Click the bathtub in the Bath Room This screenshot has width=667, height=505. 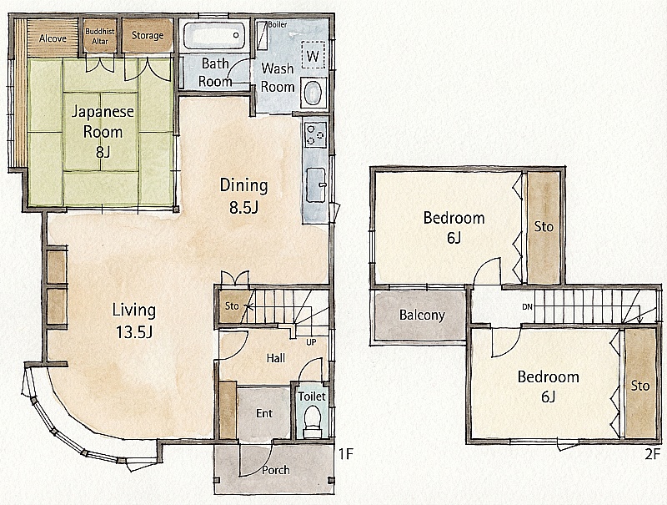[x=214, y=35]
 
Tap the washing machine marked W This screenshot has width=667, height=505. [x=313, y=54]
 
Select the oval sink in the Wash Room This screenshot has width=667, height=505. [x=313, y=92]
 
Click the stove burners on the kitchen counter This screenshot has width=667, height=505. [x=316, y=132]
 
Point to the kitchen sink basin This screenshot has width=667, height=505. [x=316, y=185]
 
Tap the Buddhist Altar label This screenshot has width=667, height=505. [x=100, y=37]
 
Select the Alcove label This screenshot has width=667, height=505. [x=53, y=38]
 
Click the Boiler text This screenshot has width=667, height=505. [x=278, y=25]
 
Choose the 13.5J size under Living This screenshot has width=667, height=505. [x=134, y=331]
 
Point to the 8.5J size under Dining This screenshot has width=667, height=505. [x=243, y=206]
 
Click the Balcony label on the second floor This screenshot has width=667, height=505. [x=422, y=315]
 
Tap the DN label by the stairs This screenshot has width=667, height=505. [x=527, y=306]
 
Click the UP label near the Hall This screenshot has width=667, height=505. [x=311, y=342]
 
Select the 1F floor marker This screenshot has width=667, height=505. [x=346, y=454]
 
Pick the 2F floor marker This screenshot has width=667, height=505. [x=654, y=454]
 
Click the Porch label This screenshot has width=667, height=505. [x=276, y=470]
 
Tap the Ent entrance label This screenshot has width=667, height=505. [x=264, y=413]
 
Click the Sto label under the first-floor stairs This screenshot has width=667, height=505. [x=232, y=306]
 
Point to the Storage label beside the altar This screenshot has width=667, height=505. [x=148, y=35]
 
